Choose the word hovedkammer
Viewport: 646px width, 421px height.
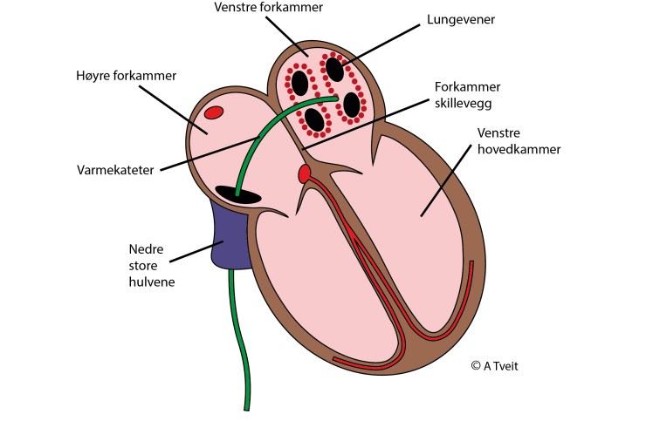pyautogui.click(x=520, y=150)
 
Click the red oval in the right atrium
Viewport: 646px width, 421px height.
pyautogui.click(x=214, y=112)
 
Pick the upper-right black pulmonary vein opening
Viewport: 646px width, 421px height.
pyautogui.click(x=335, y=67)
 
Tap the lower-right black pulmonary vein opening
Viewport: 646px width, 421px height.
pyautogui.click(x=353, y=104)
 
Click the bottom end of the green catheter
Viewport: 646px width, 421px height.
pyautogui.click(x=245, y=404)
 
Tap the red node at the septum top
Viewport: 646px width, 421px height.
pyautogui.click(x=305, y=173)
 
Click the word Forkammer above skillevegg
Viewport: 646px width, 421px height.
pyautogui.click(x=468, y=87)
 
